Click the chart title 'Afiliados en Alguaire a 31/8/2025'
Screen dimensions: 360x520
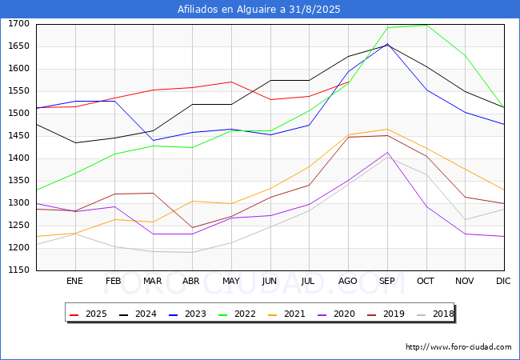pos(259,10)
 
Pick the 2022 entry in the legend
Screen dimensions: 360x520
pos(238,314)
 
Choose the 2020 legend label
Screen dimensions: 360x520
pos(335,314)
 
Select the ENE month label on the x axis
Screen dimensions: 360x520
pos(74,281)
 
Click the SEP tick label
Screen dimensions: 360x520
pos(387,281)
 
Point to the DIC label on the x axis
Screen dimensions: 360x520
pos(503,281)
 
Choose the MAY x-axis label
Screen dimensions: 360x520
pos(230,281)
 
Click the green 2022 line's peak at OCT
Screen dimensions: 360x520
pos(426,25)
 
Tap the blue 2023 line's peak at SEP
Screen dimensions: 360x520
pos(387,44)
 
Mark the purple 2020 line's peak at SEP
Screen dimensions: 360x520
pos(387,152)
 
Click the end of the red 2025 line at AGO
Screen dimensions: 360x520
pos(349,82)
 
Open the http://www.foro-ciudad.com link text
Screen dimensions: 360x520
pos(458,347)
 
